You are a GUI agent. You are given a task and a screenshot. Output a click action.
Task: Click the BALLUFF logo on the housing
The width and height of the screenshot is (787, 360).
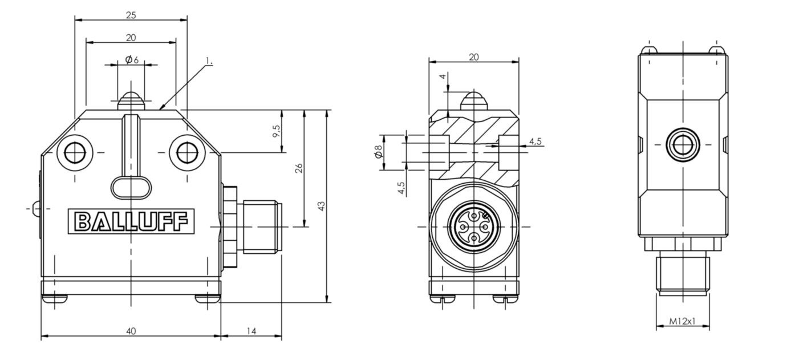[131, 221]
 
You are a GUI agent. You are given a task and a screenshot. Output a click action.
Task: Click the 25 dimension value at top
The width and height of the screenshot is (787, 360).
[131, 15]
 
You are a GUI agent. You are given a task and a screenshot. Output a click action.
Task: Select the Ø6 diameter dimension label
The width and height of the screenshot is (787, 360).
[132, 60]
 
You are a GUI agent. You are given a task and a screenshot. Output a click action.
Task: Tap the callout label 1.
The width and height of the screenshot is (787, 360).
[209, 61]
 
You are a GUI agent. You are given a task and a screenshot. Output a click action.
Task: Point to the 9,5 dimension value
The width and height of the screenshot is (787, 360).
[277, 131]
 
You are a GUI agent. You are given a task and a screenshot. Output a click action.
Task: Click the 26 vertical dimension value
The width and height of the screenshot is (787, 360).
[299, 168]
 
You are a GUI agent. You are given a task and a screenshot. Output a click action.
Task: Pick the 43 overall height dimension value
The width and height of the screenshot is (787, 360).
[321, 206]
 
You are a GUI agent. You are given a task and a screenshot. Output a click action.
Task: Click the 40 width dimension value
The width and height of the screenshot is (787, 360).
[131, 331]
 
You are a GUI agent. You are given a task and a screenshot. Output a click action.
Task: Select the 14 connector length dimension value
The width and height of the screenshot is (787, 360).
[251, 331]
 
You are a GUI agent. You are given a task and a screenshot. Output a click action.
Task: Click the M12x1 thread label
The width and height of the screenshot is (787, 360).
[682, 321]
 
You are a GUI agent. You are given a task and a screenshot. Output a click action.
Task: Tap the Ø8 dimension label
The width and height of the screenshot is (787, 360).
[379, 152]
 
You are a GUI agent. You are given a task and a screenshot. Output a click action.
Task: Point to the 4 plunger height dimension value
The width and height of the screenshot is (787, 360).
[443, 76]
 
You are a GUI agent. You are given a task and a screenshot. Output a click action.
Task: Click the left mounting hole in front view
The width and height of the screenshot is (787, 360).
[75, 152]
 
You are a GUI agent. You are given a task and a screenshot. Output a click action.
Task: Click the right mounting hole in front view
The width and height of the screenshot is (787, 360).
[186, 152]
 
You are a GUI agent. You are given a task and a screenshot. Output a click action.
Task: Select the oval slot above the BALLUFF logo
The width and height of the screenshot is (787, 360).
[131, 187]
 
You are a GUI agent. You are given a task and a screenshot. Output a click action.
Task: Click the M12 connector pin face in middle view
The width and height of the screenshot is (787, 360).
[474, 227]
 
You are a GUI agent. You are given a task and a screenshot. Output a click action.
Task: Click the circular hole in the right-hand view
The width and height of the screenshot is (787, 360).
[683, 144]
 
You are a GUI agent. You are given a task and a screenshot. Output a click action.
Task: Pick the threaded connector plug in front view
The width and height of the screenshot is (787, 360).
[261, 226]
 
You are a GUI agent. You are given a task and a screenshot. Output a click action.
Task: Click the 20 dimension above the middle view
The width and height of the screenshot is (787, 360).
[473, 57]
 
